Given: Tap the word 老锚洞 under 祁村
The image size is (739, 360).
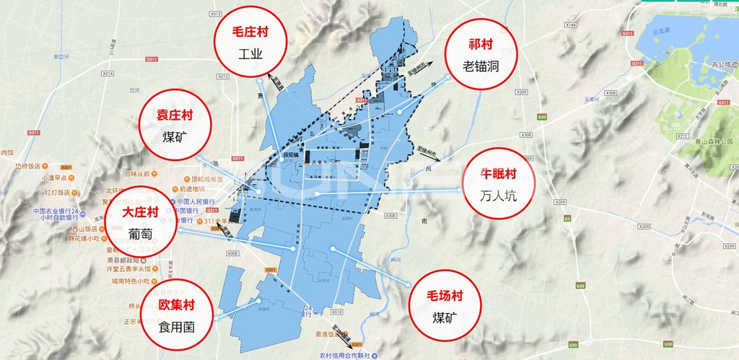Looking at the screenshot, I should pos(481,66).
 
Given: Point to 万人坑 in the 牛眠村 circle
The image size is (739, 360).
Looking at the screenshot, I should pos(497,196).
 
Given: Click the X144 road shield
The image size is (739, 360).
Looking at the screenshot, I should pos(571,25).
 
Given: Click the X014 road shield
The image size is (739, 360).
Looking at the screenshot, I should pos(108,74).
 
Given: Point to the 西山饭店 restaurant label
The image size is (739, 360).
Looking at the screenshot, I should pos(66,228).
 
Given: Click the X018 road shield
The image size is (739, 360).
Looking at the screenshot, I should pos(336,312).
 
